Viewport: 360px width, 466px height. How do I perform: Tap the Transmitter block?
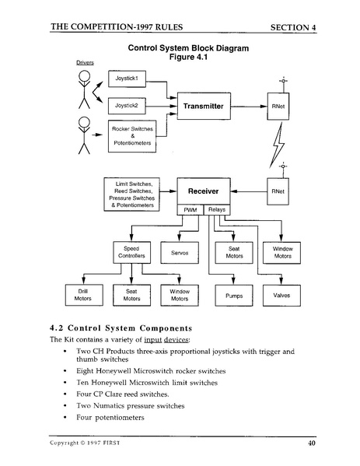coord(202,106)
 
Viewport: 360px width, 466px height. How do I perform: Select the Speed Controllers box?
coord(131,252)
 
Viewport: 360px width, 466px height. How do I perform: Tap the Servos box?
coord(180,252)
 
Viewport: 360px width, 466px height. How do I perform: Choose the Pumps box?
coord(233,296)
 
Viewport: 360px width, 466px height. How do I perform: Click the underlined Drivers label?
coord(86,61)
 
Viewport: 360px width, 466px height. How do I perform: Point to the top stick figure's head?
coord(85,75)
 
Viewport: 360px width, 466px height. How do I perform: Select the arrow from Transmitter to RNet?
coord(248,106)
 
